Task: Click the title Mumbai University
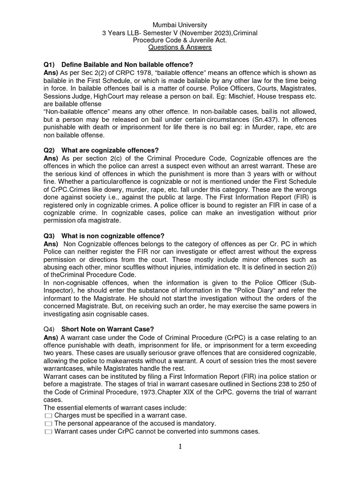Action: coord(180,24)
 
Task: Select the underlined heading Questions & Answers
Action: coord(180,48)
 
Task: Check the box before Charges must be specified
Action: coord(48,416)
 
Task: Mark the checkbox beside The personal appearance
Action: coord(48,424)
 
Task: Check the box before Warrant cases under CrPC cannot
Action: coord(48,432)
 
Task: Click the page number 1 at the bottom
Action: coord(180,447)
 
